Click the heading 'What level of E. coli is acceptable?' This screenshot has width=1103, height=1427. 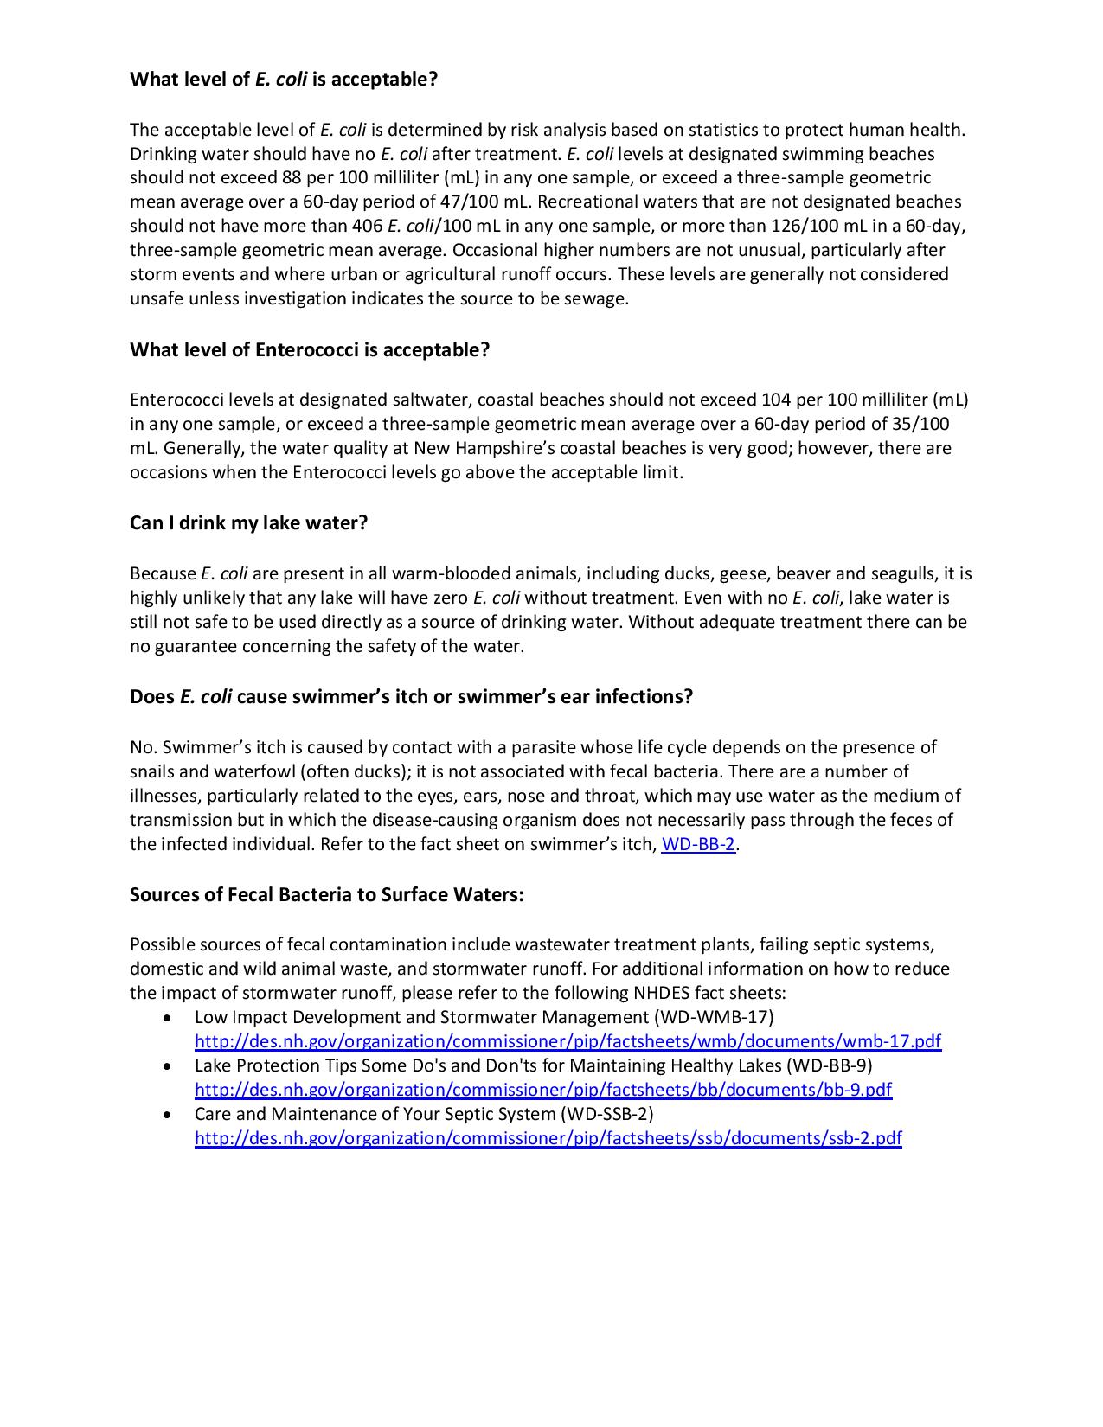click(284, 80)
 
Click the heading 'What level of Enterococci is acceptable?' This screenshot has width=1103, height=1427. click(310, 350)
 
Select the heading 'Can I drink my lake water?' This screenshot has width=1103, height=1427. click(249, 523)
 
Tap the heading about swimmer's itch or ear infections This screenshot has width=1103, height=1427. click(411, 697)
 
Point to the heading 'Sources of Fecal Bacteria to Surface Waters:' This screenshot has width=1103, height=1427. click(327, 894)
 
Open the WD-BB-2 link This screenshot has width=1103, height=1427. click(698, 845)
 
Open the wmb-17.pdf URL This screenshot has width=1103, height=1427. click(568, 1041)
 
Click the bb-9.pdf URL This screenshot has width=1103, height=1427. click(543, 1090)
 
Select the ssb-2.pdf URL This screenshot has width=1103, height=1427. click(548, 1138)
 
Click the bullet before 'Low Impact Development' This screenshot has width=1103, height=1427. click(167, 1018)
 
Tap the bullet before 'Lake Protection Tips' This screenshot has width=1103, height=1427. click(167, 1066)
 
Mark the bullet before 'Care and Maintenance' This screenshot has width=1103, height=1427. click(167, 1115)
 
